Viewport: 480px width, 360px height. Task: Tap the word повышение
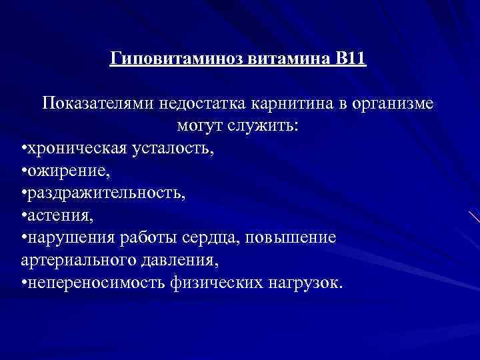(299, 237)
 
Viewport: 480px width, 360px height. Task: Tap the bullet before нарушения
(24, 238)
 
